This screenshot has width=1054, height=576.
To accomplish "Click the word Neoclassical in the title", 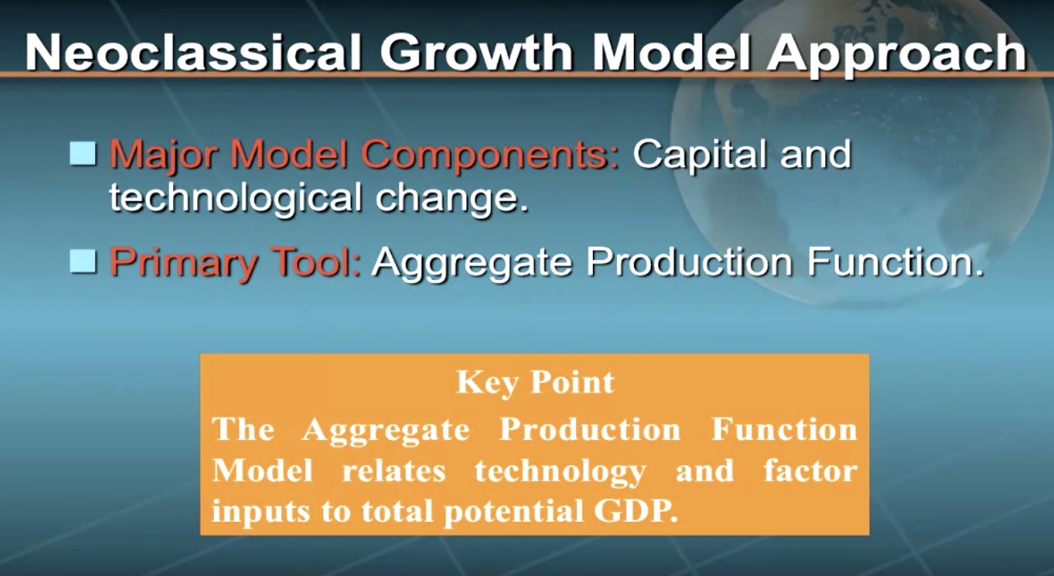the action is [x=193, y=52].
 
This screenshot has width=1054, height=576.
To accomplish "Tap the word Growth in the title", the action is [x=476, y=52].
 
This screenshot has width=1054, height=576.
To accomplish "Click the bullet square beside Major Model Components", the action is [x=83, y=154].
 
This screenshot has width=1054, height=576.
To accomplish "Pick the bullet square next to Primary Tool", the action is [x=83, y=261].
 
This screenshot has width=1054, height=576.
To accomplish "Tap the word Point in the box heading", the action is [x=573, y=381].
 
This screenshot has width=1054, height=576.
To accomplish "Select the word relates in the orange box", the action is [x=393, y=471].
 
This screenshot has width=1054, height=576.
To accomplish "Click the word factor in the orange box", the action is [x=811, y=471].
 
